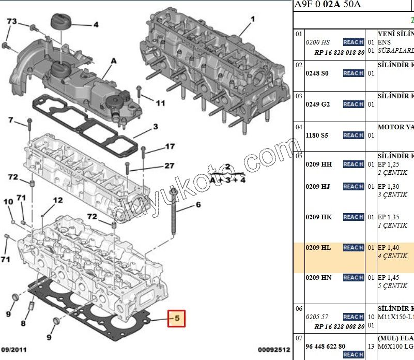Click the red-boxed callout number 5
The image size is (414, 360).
coord(176,319)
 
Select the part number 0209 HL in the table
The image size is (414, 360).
coord(318,248)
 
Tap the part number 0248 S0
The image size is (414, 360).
coord(317,73)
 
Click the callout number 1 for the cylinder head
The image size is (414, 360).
coord(253,20)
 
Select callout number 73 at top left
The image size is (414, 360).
coord(11,21)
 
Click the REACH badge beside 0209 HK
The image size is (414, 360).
coord(354,217)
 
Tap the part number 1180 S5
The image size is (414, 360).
coord(317,136)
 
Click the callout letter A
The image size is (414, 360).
coord(113,61)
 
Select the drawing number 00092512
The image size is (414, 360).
coord(273,350)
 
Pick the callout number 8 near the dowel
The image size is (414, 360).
coord(23,324)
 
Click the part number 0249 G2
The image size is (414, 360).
coord(317,104)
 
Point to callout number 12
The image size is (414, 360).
coord(57,200)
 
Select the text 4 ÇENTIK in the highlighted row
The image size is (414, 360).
coord(392,256)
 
